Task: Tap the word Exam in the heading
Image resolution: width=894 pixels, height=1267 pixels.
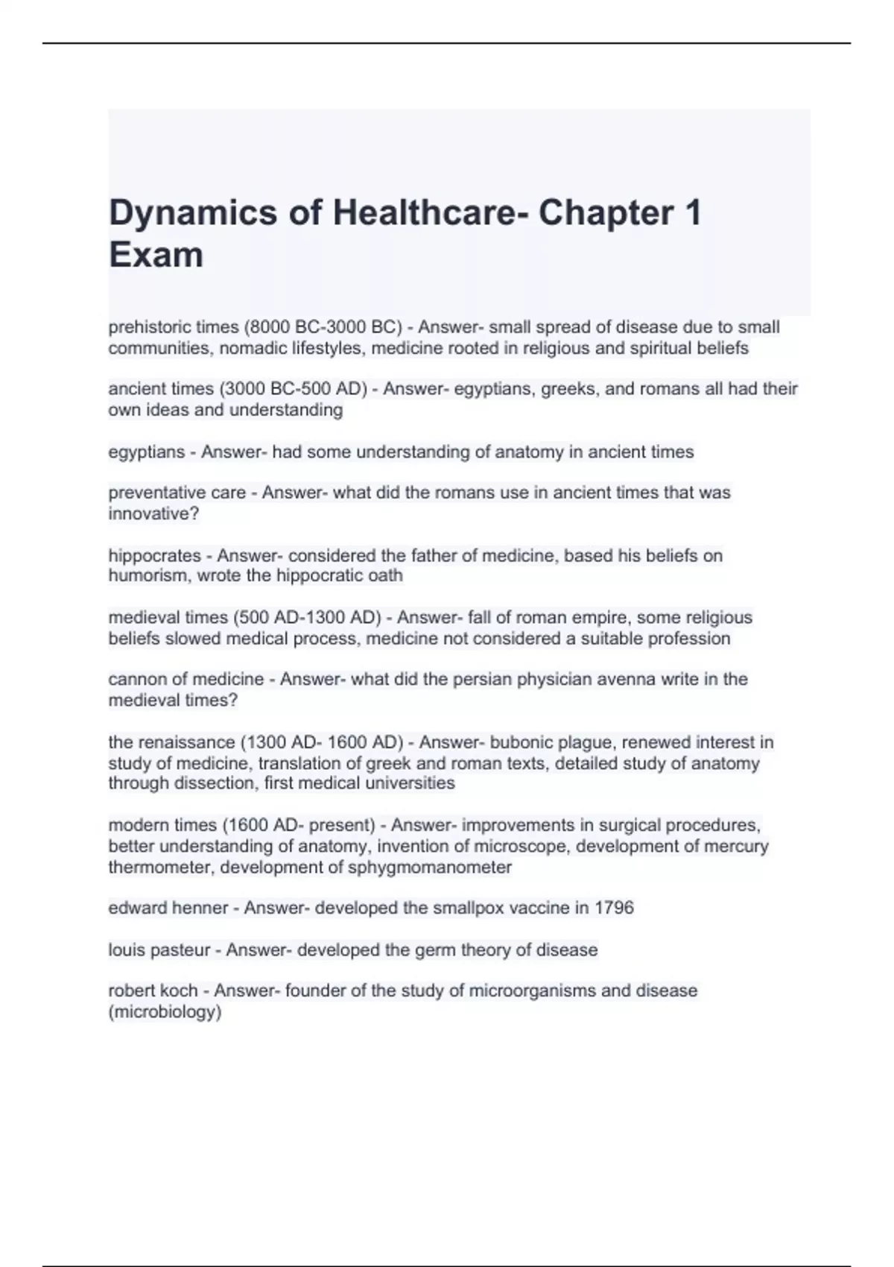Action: click(x=156, y=255)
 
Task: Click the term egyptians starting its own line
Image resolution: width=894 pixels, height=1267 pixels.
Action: click(x=146, y=452)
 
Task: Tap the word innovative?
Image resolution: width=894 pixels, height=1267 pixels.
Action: click(x=153, y=514)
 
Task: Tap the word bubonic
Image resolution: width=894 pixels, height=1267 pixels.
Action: click(x=516, y=742)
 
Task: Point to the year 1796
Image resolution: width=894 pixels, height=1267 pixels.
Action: click(x=615, y=908)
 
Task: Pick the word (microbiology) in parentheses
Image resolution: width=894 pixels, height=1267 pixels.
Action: click(x=165, y=1011)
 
